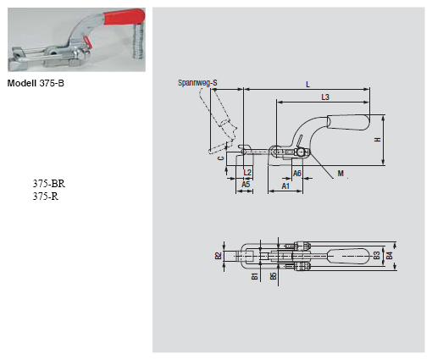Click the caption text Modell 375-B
(36, 83)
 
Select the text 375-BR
(48, 183)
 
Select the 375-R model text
(45, 196)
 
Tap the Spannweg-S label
(197, 82)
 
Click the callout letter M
(340, 172)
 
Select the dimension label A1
(285, 184)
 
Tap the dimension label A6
(297, 172)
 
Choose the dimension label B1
(254, 275)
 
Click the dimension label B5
(272, 275)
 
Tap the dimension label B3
(378, 255)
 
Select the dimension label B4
(390, 255)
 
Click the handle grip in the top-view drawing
(347, 255)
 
